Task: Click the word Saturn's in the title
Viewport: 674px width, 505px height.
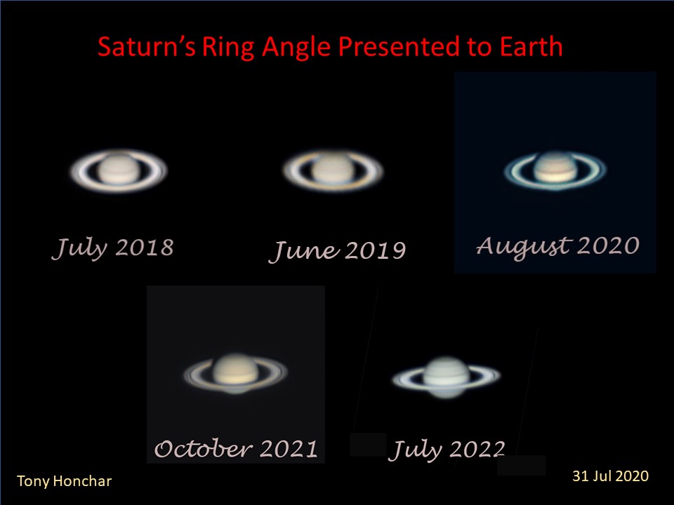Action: [x=147, y=46]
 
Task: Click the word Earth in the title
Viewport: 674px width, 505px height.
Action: [x=531, y=46]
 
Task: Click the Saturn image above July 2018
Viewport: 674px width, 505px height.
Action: [x=119, y=170]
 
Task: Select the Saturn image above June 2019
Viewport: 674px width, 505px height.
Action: [x=333, y=170]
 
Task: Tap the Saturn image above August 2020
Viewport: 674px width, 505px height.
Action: [x=555, y=170]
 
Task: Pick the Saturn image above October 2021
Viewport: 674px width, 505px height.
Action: [x=236, y=374]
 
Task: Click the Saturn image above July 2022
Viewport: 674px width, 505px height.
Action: [x=447, y=377]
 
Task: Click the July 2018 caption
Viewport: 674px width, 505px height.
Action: [x=113, y=248]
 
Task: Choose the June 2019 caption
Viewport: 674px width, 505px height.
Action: [x=338, y=251]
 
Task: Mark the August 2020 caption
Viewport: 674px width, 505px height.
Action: [x=558, y=247]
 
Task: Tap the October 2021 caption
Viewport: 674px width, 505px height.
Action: [x=236, y=449]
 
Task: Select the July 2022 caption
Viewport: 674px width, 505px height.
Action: [x=447, y=450]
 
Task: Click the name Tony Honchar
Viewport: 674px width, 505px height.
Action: [x=64, y=481]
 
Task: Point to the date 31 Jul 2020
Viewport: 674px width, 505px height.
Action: [x=610, y=476]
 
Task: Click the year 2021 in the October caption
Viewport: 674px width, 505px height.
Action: [x=289, y=449]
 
